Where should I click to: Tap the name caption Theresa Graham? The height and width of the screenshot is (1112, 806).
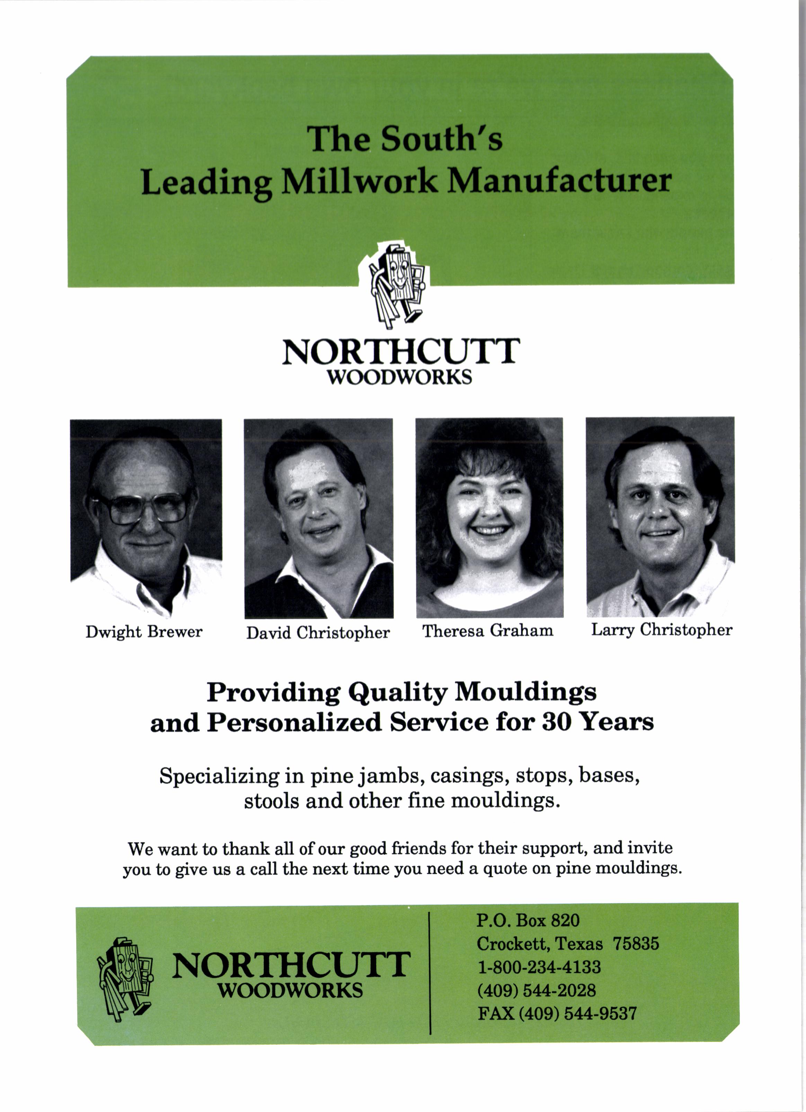488,631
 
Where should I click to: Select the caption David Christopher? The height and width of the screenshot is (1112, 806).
318,633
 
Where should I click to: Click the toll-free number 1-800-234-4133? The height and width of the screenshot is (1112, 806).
539,967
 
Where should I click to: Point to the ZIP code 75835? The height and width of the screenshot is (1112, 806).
636,943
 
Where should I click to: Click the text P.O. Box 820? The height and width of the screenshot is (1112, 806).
528,920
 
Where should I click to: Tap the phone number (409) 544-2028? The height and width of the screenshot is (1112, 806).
537,990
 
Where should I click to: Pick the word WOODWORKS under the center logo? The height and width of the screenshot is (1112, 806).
399,377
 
